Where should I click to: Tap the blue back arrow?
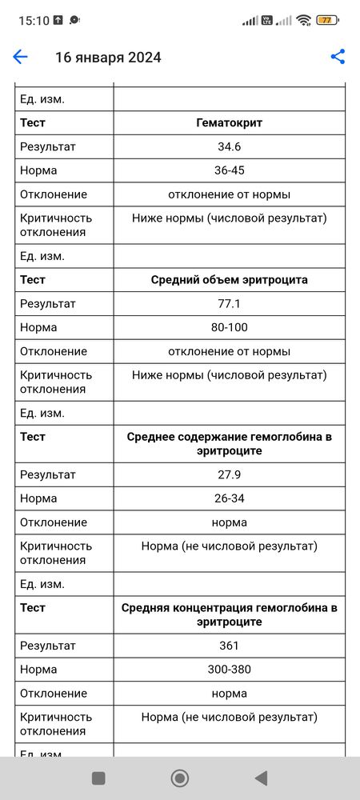pos(20,57)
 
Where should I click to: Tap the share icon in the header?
pos(338,57)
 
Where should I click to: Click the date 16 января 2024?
pos(108,58)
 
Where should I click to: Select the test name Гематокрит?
pos(229,123)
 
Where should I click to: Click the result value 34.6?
pos(229,147)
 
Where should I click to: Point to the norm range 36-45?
pos(229,170)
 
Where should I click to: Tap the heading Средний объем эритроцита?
pos(229,280)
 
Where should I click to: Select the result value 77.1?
pos(229,304)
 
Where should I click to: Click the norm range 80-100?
pos(229,327)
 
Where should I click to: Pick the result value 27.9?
pos(229,474)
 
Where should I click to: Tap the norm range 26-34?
pos(229,498)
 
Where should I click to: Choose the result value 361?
pos(229,646)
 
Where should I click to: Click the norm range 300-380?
pos(229,670)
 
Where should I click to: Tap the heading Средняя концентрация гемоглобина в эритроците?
pos(229,615)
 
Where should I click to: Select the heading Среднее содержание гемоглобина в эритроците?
pos(229,444)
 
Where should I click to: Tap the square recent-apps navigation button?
pos(98,778)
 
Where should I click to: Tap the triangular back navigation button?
pos(261,778)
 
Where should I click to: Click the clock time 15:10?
pos(34,20)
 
